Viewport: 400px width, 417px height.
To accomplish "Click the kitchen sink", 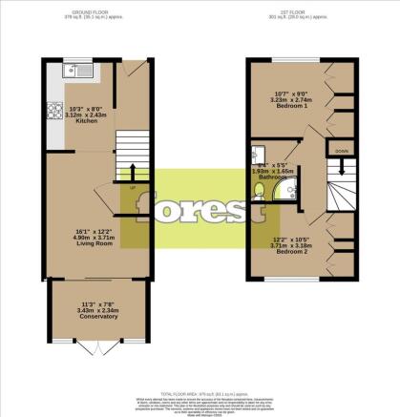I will coord(75,70).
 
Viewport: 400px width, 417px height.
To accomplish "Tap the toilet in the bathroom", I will coord(257,154).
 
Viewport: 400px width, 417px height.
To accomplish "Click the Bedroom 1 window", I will coord(287,60).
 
